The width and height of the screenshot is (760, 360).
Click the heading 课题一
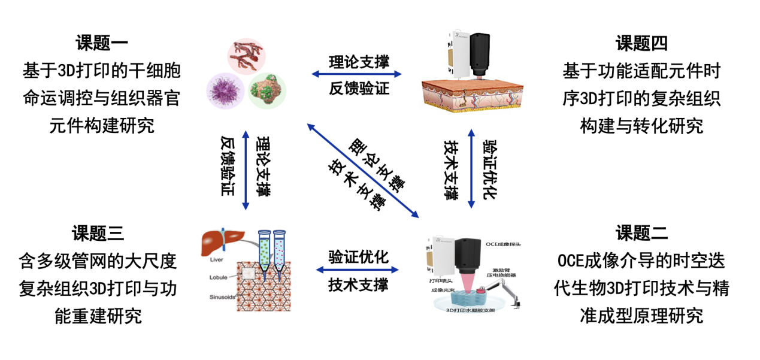[102, 44]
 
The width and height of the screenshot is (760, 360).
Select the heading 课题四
[641, 44]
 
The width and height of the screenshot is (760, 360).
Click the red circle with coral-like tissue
[246, 56]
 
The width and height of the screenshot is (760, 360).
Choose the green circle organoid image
[267, 92]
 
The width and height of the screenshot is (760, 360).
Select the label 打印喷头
[440, 280]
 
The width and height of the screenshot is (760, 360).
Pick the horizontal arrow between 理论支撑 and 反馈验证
[357, 75]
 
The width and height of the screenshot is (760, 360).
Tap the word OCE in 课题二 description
[571, 261]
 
